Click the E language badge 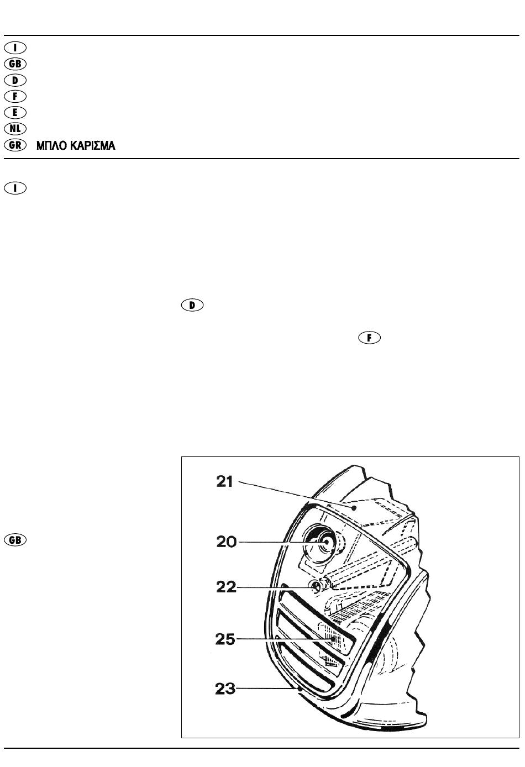[x=15, y=112]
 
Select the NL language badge [x=15, y=128]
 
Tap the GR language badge [x=15, y=145]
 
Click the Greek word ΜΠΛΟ [x=52, y=146]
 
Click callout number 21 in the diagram [x=225, y=482]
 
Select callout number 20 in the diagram [x=226, y=542]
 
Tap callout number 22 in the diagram [x=225, y=586]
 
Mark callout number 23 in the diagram [x=225, y=689]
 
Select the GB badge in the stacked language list [x=15, y=64]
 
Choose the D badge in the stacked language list [x=15, y=80]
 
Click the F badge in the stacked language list [x=15, y=96]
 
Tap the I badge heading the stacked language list [x=15, y=48]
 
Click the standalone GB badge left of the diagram [x=15, y=539]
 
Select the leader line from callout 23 [x=268, y=689]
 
